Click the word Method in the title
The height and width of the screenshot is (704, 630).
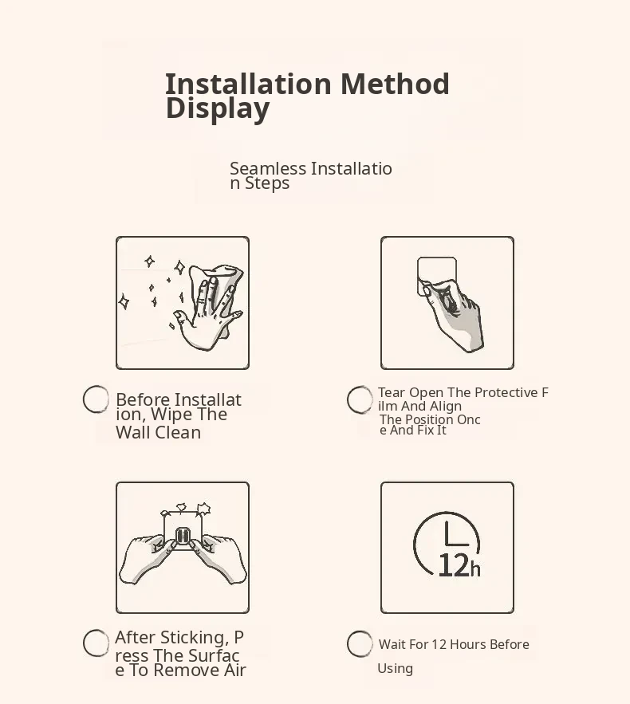[395, 84]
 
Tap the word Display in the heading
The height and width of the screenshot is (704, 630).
[218, 108]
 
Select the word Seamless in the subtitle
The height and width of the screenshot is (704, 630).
[268, 168]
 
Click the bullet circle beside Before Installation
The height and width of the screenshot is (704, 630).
[96, 399]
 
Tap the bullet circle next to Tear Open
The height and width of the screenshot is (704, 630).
[360, 399]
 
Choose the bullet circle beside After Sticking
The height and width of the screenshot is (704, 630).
[96, 643]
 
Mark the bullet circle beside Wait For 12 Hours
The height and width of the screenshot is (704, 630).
[360, 643]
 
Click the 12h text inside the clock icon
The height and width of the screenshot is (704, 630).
[459, 565]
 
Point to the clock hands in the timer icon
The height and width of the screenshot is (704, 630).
[456, 535]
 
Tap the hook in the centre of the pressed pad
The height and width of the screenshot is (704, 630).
[183, 535]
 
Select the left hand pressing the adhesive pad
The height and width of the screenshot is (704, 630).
[148, 558]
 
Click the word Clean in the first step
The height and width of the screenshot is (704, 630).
[178, 432]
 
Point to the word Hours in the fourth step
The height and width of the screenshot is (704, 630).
[467, 644]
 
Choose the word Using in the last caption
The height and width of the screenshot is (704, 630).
[396, 669]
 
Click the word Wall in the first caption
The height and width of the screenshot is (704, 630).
[133, 432]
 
